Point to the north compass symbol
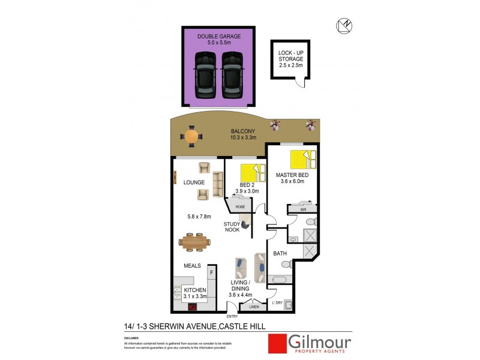tap(343, 25)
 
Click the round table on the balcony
tap(191, 136)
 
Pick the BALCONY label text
tap(244, 132)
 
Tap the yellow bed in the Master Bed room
tap(302, 160)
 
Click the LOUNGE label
tap(195, 182)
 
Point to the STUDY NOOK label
tap(232, 227)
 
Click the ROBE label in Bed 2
tap(239, 207)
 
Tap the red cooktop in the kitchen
tap(193, 308)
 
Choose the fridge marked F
tap(211, 274)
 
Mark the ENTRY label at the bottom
tap(232, 316)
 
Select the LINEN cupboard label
tap(254, 306)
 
